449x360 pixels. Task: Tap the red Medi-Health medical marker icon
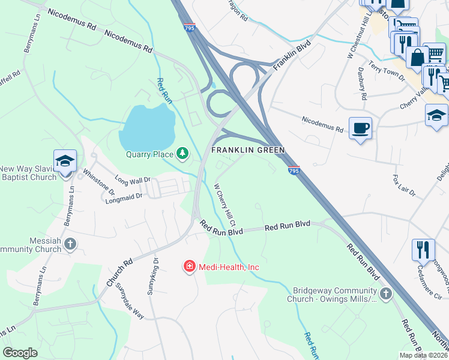pyautogui.click(x=189, y=266)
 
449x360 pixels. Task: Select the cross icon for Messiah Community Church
pyautogui.click(x=71, y=244)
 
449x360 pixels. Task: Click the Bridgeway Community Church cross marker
pyautogui.click(x=386, y=293)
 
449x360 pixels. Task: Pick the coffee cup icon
pyautogui.click(x=360, y=128)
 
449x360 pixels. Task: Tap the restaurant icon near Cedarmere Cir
pyautogui.click(x=423, y=250)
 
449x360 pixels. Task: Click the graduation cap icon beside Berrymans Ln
pyautogui.click(x=65, y=161)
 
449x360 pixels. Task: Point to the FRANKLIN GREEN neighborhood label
pyautogui.click(x=247, y=150)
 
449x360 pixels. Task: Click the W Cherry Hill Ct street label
pyautogui.click(x=225, y=200)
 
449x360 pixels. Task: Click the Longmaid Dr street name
pyautogui.click(x=122, y=196)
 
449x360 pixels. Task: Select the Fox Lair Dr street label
pyautogui.click(x=403, y=186)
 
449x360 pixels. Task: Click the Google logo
pyautogui.click(x=20, y=353)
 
